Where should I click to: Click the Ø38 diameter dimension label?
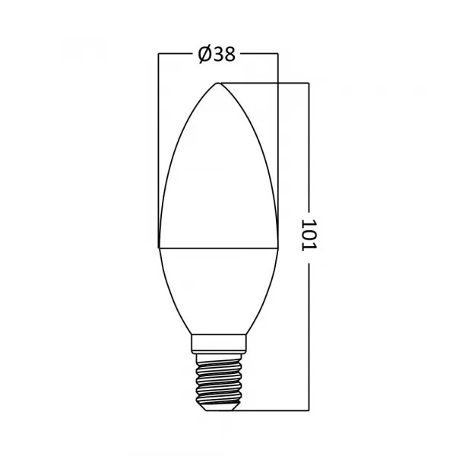click(217, 55)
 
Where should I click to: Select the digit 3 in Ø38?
click(217, 55)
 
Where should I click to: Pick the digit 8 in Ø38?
click(230, 55)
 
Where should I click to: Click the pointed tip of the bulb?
click(218, 83)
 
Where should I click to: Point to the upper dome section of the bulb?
click(218, 175)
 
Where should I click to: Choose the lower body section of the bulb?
click(218, 289)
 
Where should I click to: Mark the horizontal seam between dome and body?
click(218, 247)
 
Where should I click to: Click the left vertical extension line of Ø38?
click(158, 152)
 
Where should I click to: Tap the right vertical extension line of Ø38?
click(279, 152)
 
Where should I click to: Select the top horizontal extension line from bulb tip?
click(266, 83)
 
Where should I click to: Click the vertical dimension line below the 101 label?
click(308, 334)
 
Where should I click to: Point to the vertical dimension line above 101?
click(308, 144)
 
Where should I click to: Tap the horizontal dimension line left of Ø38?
click(175, 55)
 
